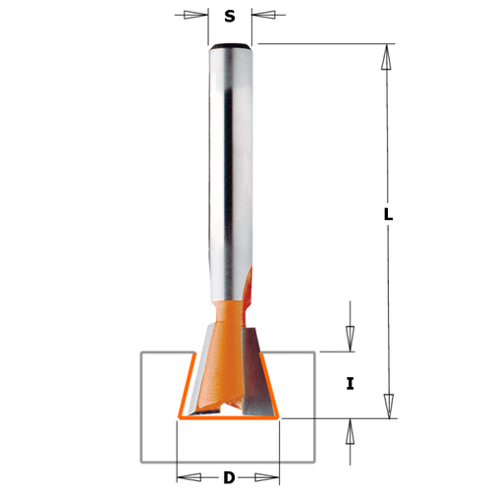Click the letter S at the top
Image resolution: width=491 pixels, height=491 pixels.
tap(230, 16)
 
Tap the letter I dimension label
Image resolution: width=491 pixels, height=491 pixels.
tap(351, 384)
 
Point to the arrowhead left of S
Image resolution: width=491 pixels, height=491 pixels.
tap(200, 16)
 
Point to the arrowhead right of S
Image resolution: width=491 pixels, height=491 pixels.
tap(259, 16)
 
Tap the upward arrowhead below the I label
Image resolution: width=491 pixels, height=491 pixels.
tap(351, 430)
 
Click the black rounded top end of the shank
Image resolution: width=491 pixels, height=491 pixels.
tap(230, 46)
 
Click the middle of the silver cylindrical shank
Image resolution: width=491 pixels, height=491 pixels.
tap(230, 167)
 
